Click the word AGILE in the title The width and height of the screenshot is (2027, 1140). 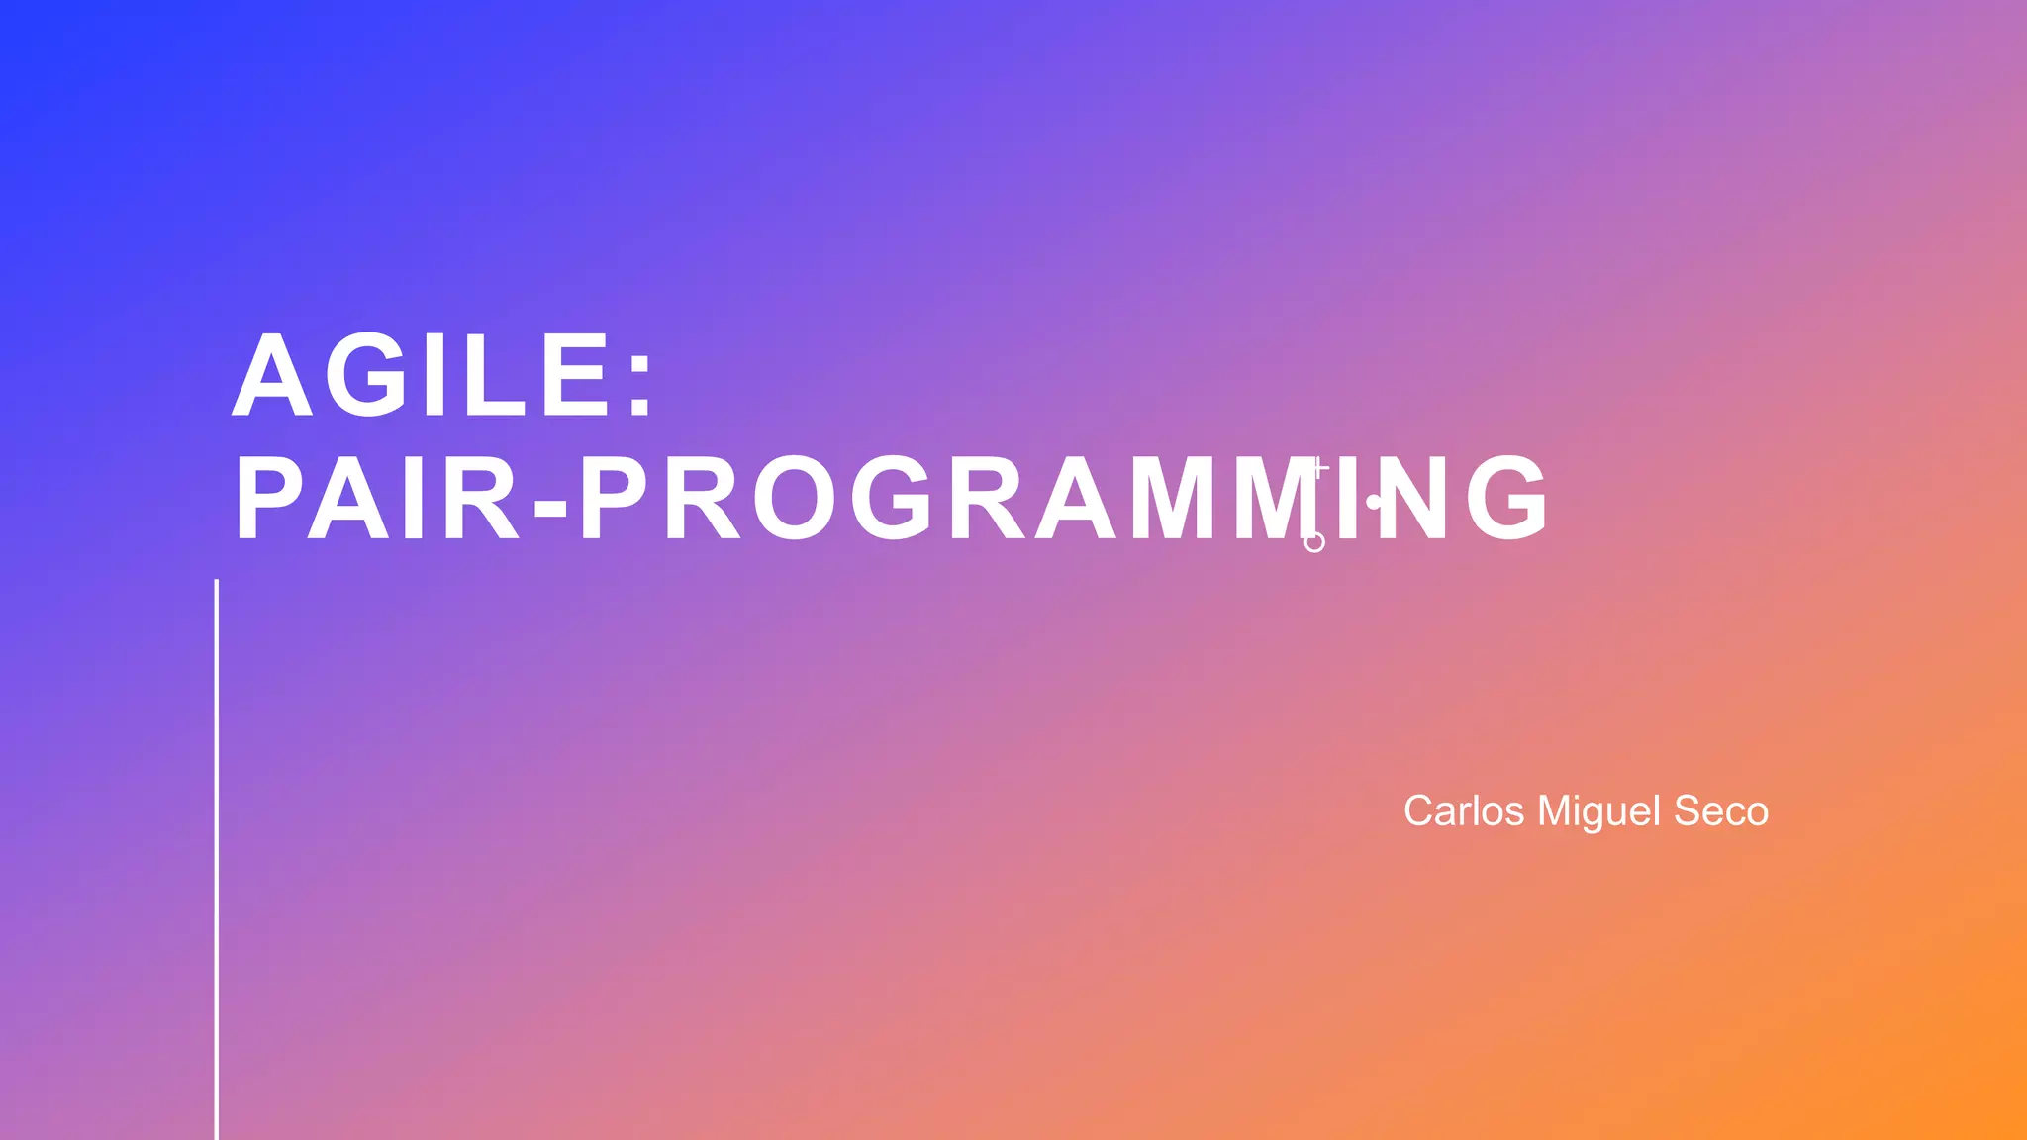[421, 376]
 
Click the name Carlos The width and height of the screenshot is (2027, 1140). [1464, 811]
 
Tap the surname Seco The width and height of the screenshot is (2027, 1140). [1721, 811]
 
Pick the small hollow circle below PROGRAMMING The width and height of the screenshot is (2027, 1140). [1314, 542]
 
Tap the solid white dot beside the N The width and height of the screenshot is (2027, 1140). [1374, 502]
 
